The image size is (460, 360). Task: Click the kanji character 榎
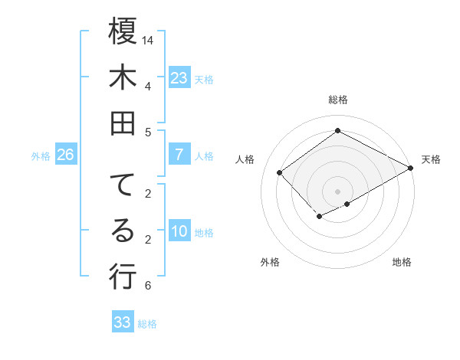pyautogui.click(x=123, y=32)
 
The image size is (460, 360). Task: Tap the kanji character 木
pyautogui.click(x=123, y=77)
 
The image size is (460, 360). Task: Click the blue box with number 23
pyautogui.click(x=179, y=77)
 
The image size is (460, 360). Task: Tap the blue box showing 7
pyautogui.click(x=179, y=155)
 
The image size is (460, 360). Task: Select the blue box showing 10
pyautogui.click(x=179, y=231)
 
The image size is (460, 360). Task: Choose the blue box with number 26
pyautogui.click(x=65, y=155)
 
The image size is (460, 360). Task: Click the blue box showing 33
pyautogui.click(x=123, y=322)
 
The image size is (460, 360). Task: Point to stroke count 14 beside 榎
pyautogui.click(x=149, y=40)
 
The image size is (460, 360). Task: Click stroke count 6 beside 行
pyautogui.click(x=147, y=286)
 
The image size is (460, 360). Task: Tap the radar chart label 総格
pyautogui.click(x=337, y=100)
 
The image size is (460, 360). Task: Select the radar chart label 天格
pyautogui.click(x=431, y=159)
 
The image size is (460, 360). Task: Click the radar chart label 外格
pyautogui.click(x=270, y=262)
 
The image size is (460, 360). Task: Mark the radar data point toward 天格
pyautogui.click(x=411, y=168)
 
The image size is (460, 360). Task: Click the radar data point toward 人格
pyautogui.click(x=280, y=172)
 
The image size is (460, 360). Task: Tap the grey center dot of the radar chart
pyautogui.click(x=337, y=191)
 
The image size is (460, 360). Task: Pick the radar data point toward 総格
pyautogui.click(x=337, y=131)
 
